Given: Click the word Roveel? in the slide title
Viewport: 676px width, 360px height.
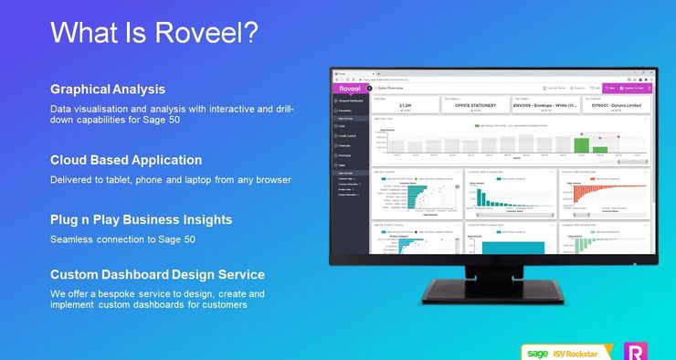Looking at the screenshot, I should (205, 33).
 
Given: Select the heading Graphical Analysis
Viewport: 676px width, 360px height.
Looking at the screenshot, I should (108, 90).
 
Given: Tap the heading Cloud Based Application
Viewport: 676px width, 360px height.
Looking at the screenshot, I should (126, 160).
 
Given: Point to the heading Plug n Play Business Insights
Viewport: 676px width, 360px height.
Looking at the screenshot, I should (141, 220).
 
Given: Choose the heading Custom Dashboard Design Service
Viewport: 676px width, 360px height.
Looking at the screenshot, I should (157, 275).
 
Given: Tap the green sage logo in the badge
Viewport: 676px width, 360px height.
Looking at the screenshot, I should (537, 352).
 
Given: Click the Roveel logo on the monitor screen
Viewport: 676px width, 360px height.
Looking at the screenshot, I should (349, 89).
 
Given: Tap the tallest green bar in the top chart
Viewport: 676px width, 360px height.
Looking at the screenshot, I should (580, 144).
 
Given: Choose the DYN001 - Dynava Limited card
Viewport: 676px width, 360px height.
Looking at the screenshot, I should (616, 105).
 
